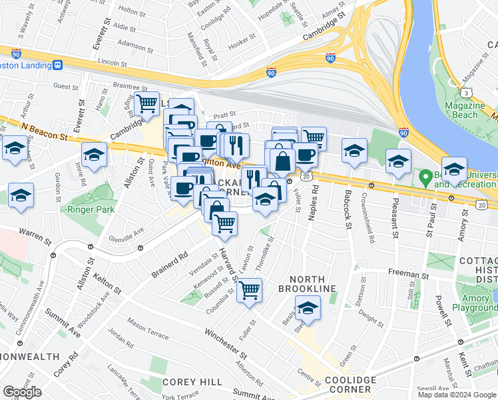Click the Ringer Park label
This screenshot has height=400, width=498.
91,209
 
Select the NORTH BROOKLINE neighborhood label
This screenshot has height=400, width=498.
308,283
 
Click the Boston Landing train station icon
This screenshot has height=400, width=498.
59,65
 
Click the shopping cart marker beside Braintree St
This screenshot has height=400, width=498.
146,105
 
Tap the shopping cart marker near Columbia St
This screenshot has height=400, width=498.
249,291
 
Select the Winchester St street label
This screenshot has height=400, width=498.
226,341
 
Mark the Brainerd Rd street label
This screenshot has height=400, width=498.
170,264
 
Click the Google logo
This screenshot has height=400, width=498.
22,392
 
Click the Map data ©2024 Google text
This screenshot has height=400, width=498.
456,394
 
